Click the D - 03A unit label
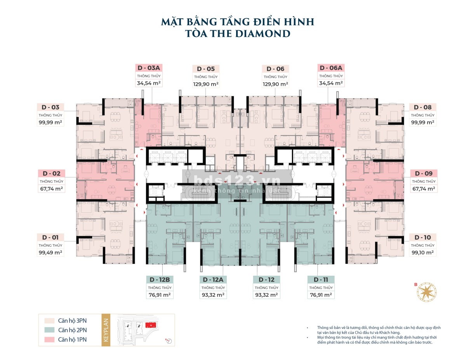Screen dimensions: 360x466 pos(149,68)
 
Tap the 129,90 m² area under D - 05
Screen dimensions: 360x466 pos(205,84)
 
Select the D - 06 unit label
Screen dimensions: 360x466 pos(275,69)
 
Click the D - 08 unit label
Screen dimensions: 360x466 pos(423,107)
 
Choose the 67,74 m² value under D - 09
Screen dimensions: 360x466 pos(423,189)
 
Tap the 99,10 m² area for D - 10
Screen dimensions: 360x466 pos(423,252)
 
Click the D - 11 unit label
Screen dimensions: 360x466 pos(321,280)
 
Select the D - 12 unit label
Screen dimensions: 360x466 pos(266,280)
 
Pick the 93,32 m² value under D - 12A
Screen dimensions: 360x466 pos(213,295)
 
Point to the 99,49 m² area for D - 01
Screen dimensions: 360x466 pos(50,252)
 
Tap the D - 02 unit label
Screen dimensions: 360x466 pos(51,173)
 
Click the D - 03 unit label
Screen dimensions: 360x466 pos(50,107)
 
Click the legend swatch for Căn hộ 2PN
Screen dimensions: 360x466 pos(49,330)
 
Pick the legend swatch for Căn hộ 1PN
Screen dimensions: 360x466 pos(49,339)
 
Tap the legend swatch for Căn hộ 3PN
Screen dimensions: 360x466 pos(49,321)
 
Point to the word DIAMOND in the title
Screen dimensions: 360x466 pos(263,34)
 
